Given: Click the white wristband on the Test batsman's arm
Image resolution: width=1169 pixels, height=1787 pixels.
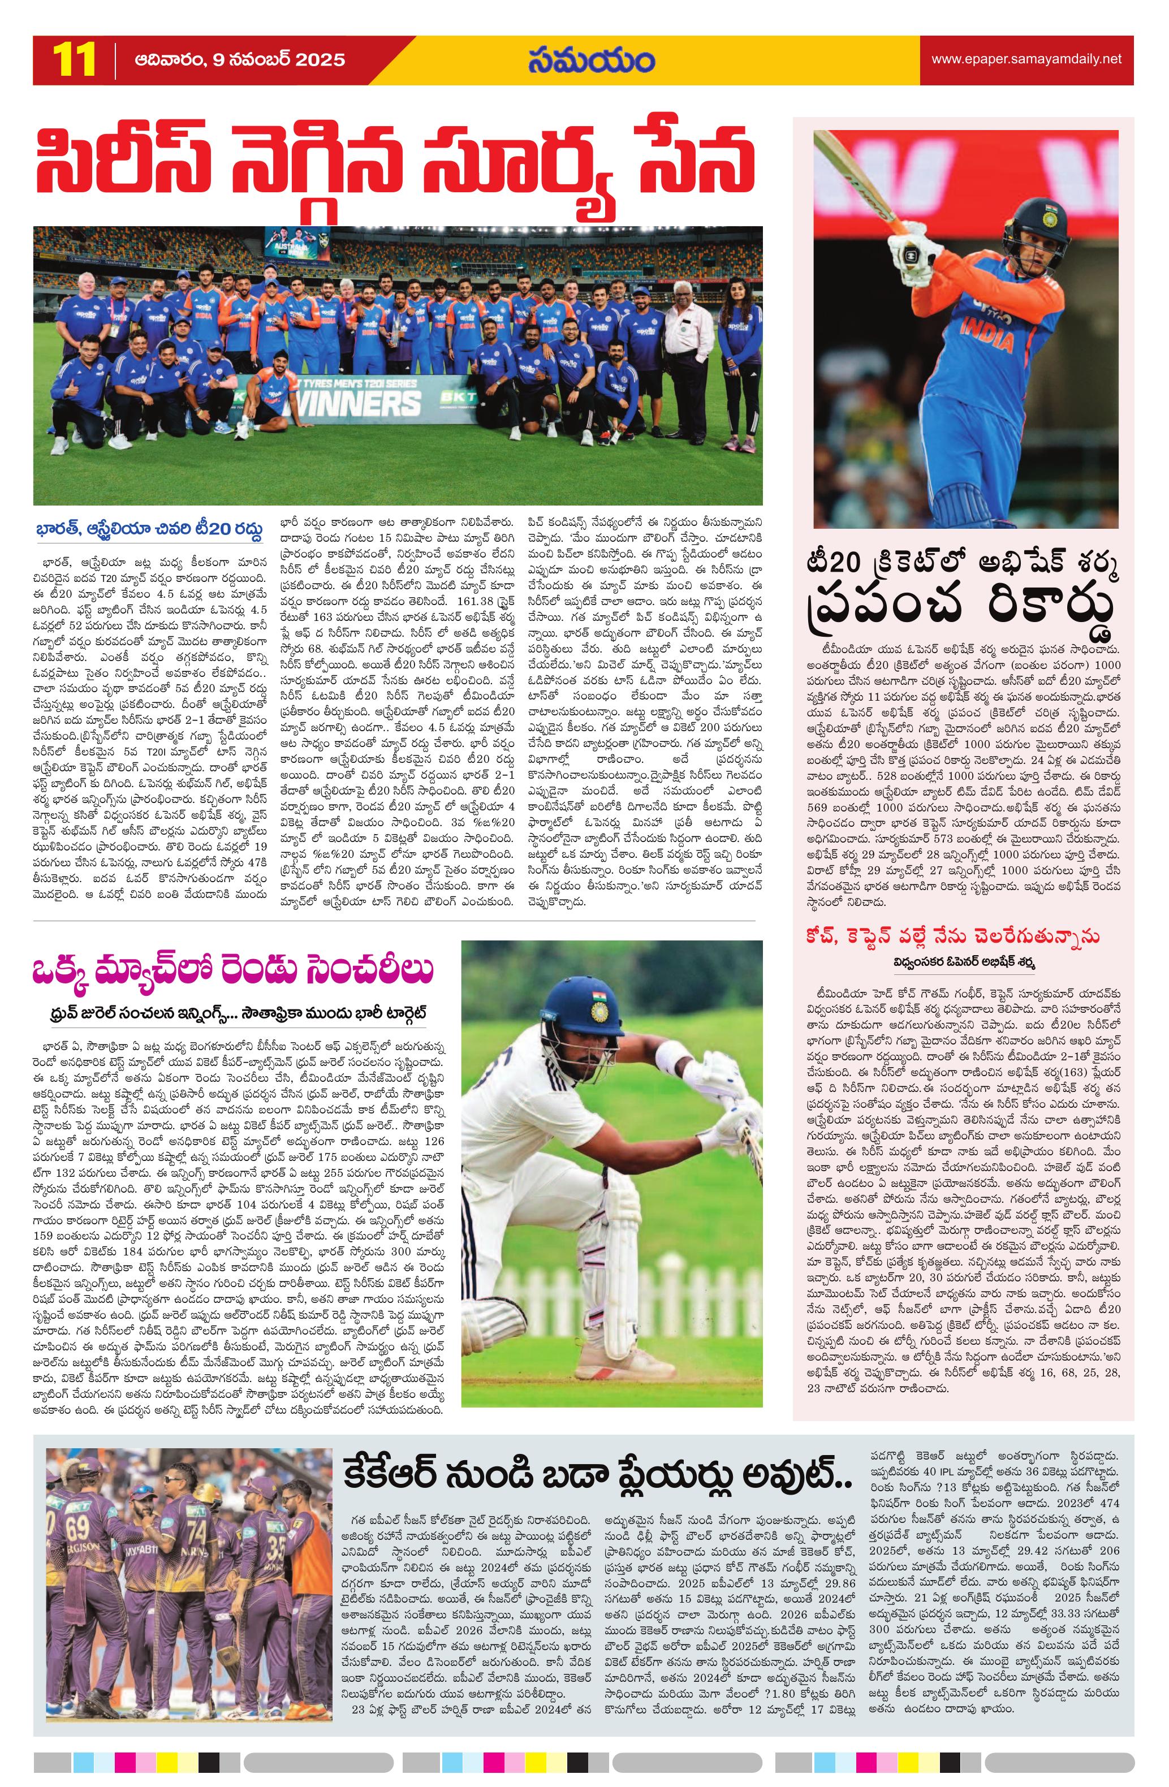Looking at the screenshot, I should [671, 1065].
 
